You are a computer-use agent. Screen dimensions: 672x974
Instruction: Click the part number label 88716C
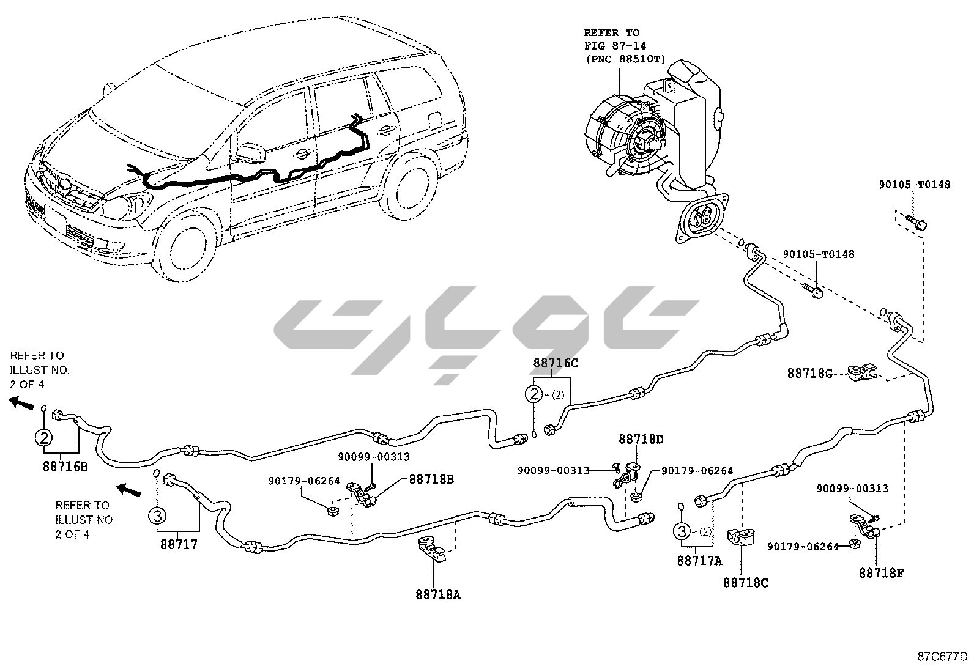556,363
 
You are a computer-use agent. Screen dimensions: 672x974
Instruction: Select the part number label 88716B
65,467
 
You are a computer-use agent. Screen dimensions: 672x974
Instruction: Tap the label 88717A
699,560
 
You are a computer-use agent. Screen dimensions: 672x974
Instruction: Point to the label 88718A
438,594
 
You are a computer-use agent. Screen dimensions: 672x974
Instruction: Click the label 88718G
809,373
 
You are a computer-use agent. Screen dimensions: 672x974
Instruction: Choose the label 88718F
881,573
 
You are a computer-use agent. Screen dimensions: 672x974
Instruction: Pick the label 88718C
745,583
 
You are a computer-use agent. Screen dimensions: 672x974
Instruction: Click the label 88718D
641,439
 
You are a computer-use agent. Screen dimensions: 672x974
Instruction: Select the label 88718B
431,479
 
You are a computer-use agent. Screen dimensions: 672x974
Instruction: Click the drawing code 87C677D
942,657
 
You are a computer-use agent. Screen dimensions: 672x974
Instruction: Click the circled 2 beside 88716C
534,394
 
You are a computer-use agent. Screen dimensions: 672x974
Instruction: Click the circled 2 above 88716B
43,437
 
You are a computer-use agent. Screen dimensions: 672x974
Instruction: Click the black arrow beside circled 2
23,402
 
